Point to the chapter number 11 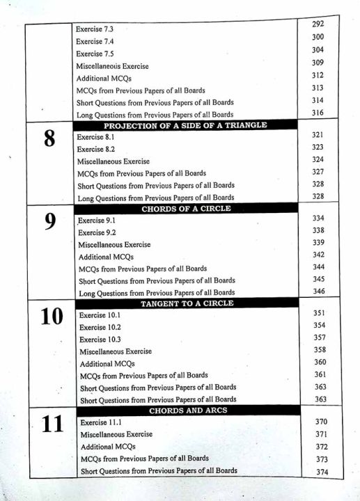[x=52, y=424]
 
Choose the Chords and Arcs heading [x=188, y=411]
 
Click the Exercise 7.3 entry [x=95, y=29]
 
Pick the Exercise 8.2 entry [x=96, y=149]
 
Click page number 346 [x=319, y=291]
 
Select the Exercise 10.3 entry [x=100, y=339]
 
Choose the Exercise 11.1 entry [x=102, y=422]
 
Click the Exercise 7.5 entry [x=95, y=54]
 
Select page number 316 [x=318, y=113]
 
